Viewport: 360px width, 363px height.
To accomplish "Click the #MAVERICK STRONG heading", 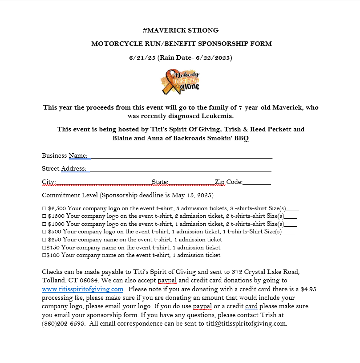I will (180, 30).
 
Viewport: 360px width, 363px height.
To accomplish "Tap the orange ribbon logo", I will (180, 82).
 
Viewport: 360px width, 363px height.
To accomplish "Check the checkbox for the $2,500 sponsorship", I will (44, 208).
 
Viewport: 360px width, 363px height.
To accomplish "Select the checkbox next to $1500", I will (44, 216).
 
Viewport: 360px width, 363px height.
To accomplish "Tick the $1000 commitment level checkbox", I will (44, 224).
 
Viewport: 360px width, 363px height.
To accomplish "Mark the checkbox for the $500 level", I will (44, 232).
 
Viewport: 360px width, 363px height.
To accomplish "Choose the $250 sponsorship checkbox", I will (44, 240).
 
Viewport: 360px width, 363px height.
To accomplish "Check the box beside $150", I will (44, 248).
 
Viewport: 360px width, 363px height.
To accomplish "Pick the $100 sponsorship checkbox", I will (44, 255).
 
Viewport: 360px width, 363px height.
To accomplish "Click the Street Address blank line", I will (180, 169).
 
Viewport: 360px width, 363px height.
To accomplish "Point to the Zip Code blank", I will (257, 182).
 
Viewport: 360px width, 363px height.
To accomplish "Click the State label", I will (160, 182).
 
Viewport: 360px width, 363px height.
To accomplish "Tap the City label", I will (49, 182).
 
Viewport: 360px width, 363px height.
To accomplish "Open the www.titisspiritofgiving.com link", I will (82, 289).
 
